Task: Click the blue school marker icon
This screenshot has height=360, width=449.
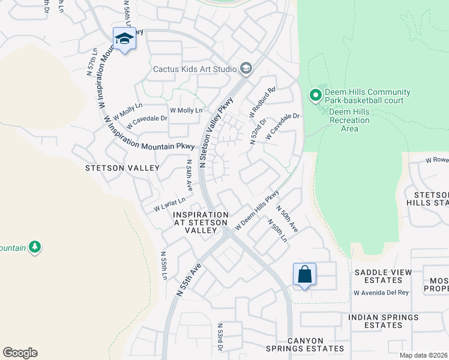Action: click(x=124, y=39)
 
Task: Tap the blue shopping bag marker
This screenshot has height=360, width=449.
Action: click(x=304, y=274)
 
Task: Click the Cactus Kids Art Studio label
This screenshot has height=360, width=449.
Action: click(x=194, y=69)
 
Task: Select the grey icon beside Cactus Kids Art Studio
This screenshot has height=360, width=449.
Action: click(x=246, y=69)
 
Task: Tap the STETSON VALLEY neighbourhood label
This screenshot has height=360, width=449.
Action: click(x=122, y=168)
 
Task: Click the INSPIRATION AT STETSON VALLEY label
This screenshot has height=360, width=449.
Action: click(x=200, y=223)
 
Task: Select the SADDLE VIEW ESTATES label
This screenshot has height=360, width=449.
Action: click(x=383, y=276)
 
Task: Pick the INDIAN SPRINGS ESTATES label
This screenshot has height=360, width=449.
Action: click(x=383, y=321)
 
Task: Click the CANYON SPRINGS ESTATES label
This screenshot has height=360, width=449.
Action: click(x=316, y=344)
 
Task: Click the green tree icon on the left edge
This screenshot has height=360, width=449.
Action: click(x=35, y=247)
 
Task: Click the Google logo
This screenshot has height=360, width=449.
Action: click(x=20, y=353)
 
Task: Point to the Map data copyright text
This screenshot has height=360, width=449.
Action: click(x=424, y=355)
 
